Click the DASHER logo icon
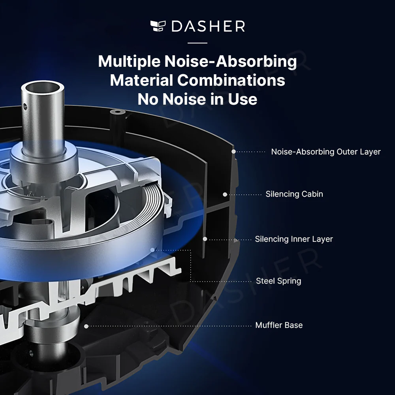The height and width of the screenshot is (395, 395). tap(158, 26)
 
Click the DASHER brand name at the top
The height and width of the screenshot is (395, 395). tap(208, 26)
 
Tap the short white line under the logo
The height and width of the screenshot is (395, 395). tap(197, 43)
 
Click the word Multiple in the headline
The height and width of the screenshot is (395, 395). tap(129, 62)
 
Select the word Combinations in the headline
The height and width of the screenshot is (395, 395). tap(231, 80)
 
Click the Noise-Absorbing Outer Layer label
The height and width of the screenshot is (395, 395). tap(326, 152)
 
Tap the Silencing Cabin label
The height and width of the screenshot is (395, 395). tap(294, 194)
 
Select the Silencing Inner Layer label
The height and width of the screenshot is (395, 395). tap(294, 239)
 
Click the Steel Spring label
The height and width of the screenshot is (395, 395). tap(278, 281)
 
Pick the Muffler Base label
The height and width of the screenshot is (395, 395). tap(279, 325)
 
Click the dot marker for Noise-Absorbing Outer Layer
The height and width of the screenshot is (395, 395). tap(233, 151)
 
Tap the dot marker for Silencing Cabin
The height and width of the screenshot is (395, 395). tap(225, 194)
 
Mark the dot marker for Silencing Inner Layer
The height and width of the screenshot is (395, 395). tap(205, 239)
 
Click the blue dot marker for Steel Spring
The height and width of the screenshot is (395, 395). tap(152, 250)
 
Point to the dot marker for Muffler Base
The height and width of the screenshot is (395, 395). tap(86, 326)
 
